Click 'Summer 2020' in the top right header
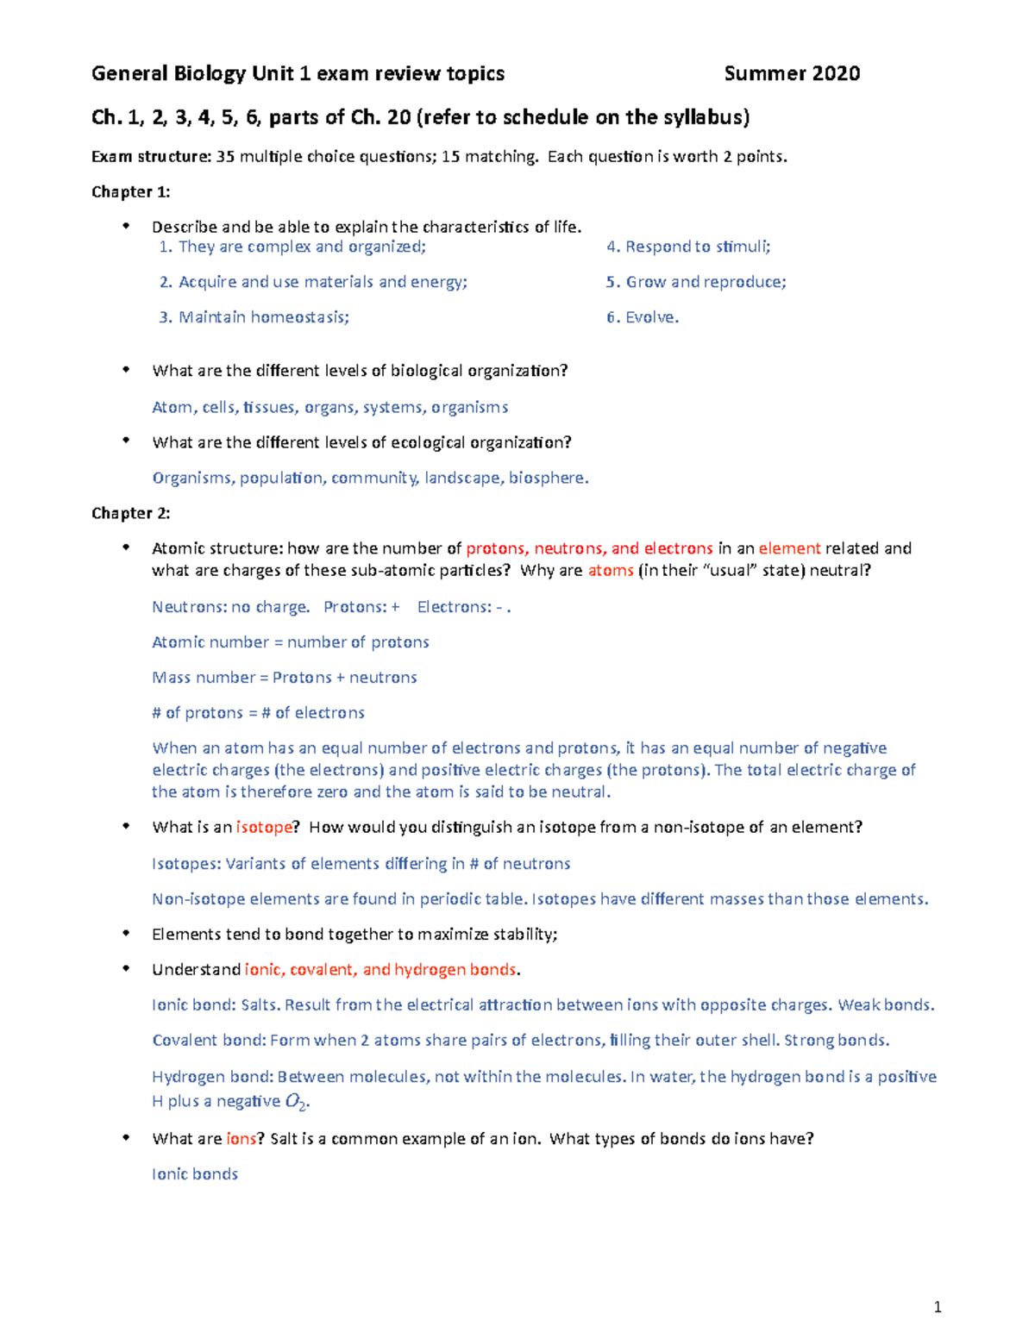tap(792, 74)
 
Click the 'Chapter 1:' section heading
tap(130, 191)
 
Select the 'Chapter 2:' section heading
tap(130, 513)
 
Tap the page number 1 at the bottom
tap(938, 1308)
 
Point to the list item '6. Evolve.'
tap(643, 317)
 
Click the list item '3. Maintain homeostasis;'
tap(254, 317)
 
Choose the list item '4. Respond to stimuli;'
tap(688, 247)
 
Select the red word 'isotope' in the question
tap(264, 828)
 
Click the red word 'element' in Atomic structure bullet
tap(789, 548)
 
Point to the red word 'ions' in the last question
tap(241, 1139)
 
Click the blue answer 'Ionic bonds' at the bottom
tap(195, 1174)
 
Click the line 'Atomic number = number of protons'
tap(291, 642)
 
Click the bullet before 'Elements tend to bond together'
tap(126, 933)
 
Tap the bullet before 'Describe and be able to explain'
tap(126, 226)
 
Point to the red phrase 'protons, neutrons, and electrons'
tap(589, 548)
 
